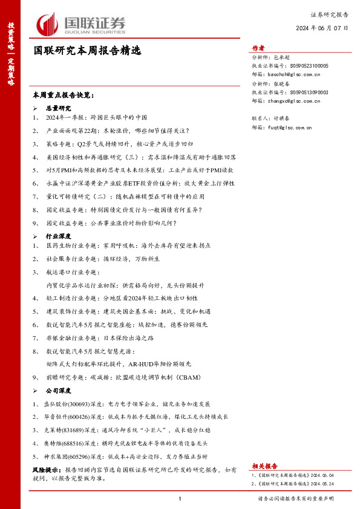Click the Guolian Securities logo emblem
click(47, 25)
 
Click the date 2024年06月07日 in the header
click(322, 28)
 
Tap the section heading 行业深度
click(59, 235)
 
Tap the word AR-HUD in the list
click(143, 364)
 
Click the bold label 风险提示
click(47, 469)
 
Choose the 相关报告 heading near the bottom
click(264, 466)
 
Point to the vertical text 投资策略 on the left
click(11, 36)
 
